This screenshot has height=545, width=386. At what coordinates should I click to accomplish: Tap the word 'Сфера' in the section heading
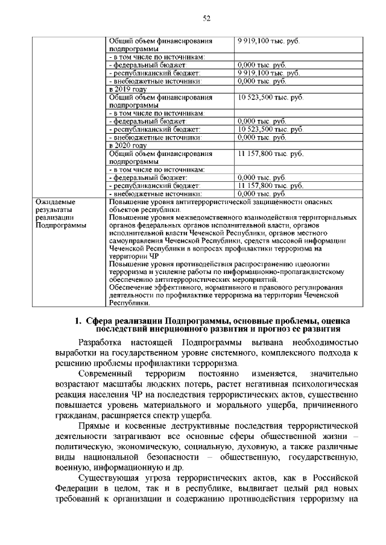click(99, 320)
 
